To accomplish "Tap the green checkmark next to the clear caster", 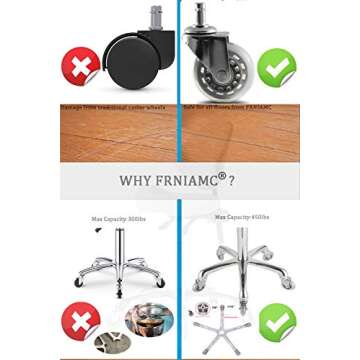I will (x=276, y=67).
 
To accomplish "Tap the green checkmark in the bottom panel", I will (x=276, y=322).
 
